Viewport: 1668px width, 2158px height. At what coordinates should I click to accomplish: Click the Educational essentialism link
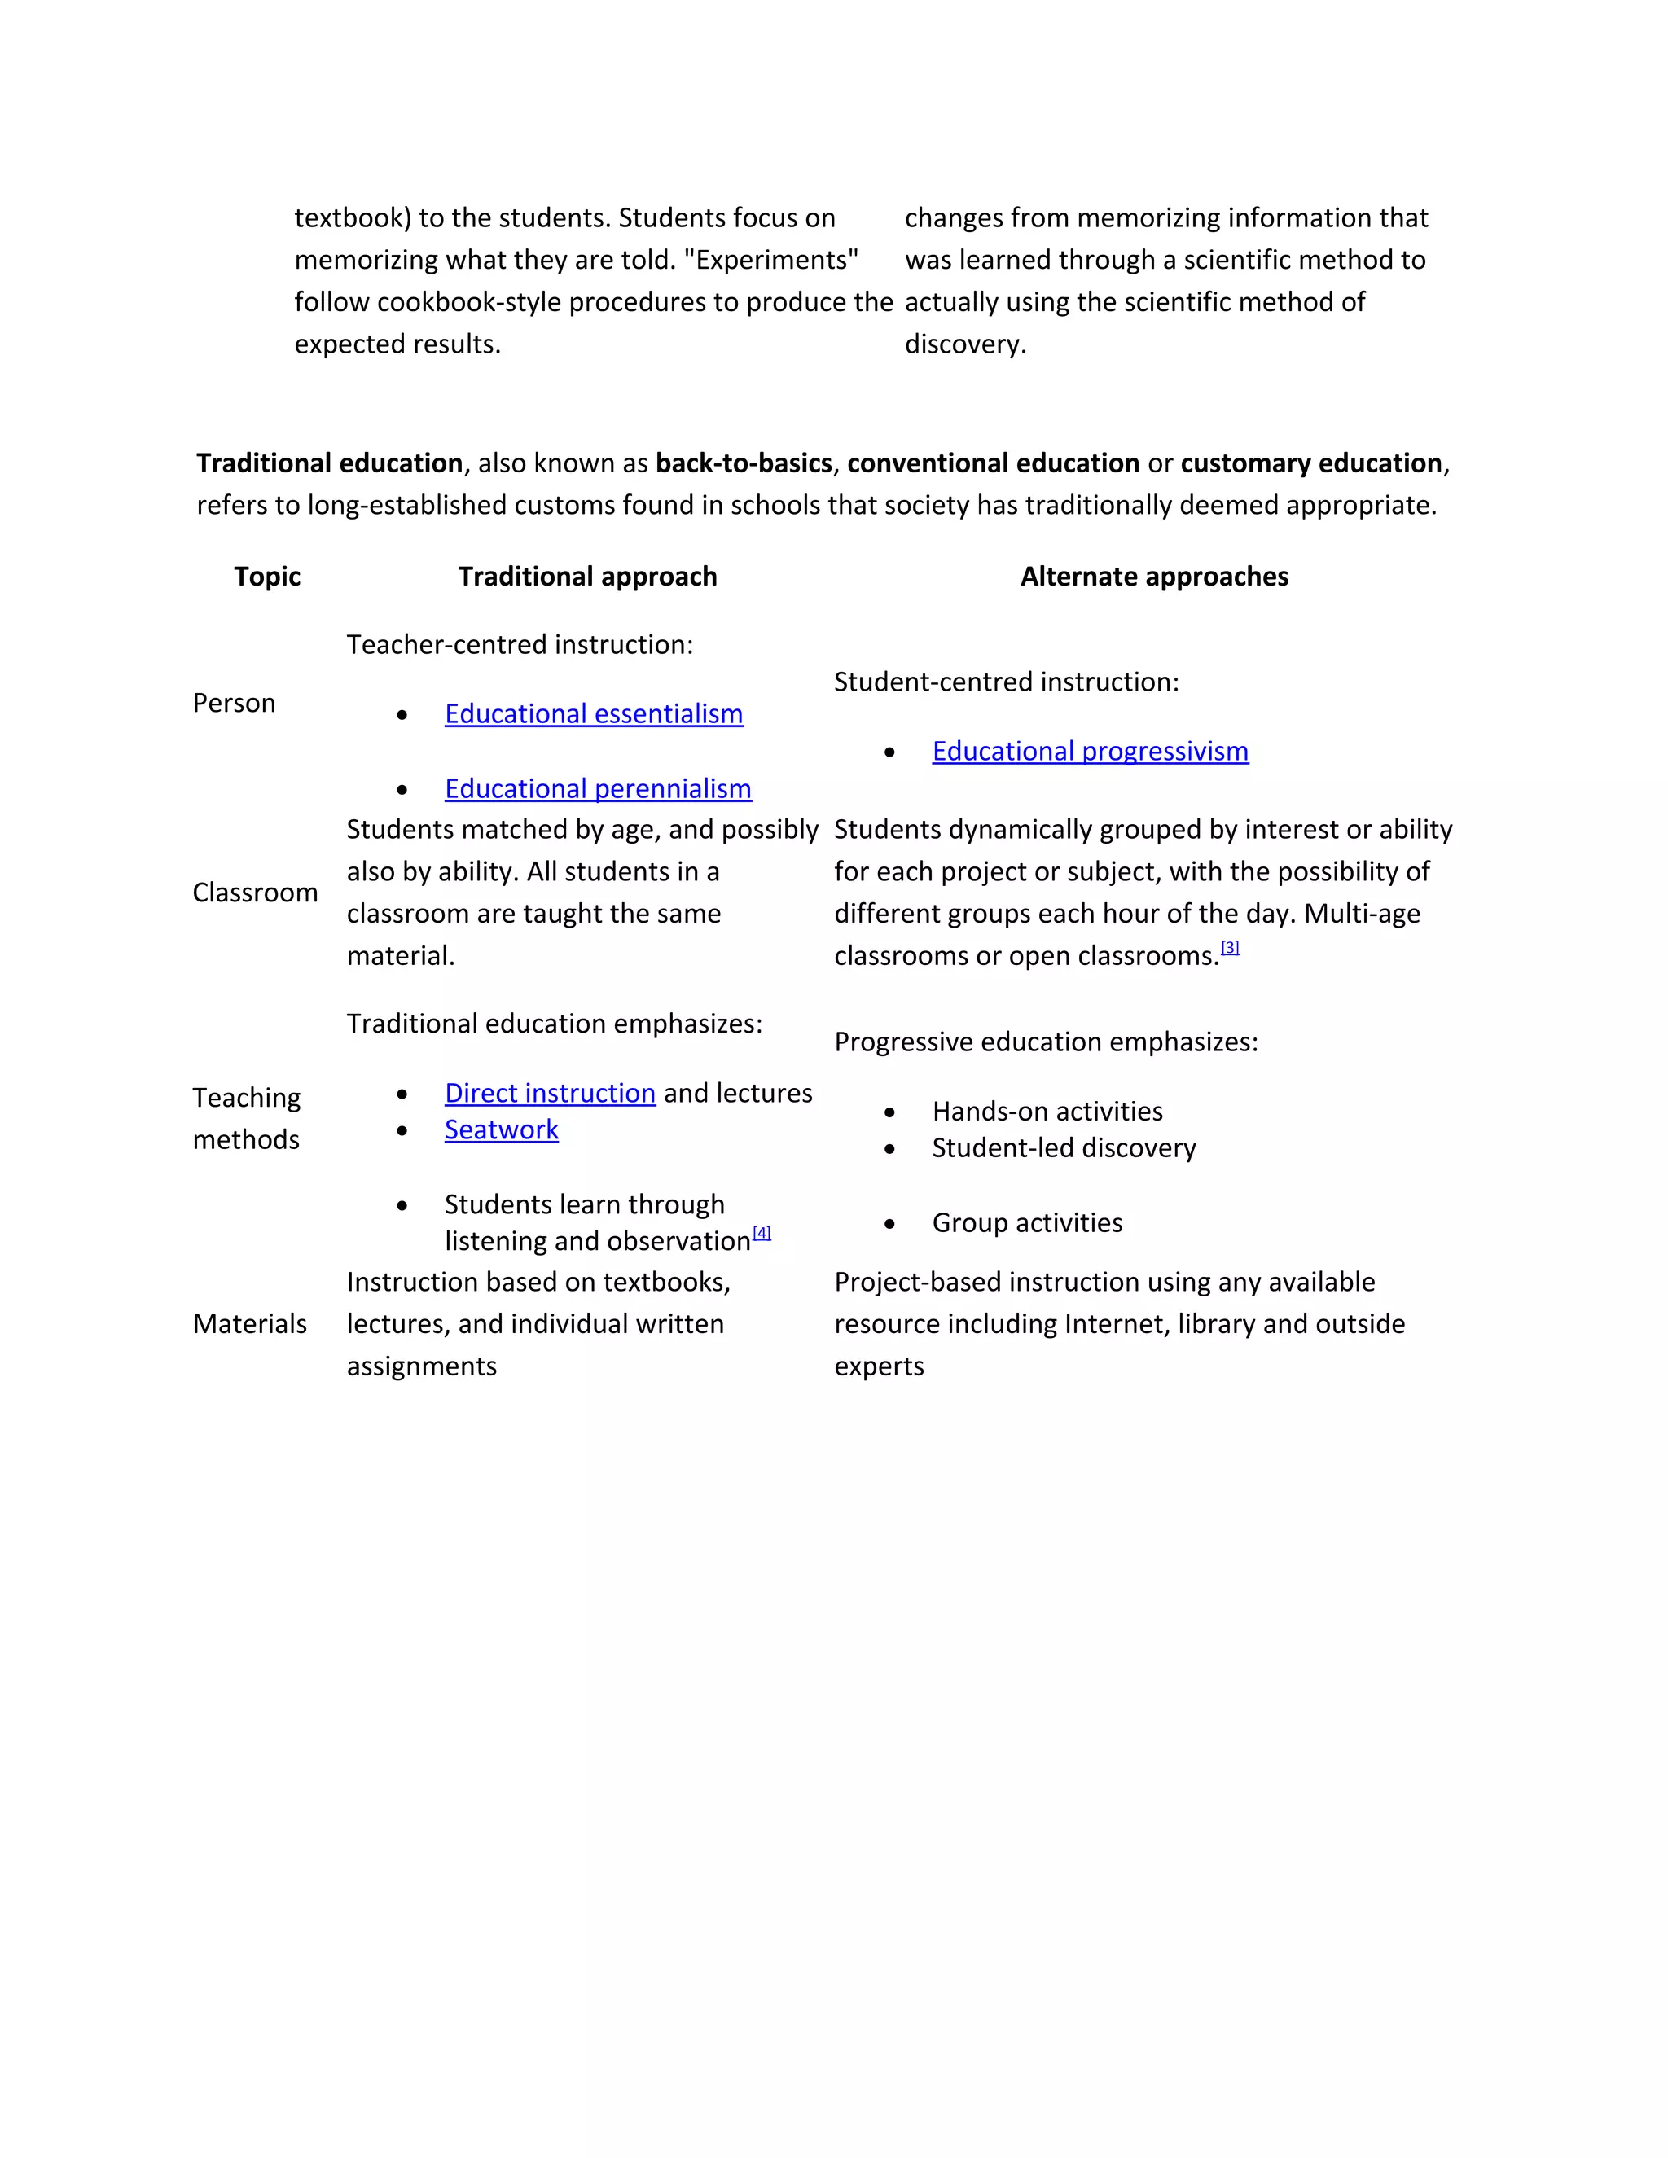tap(593, 713)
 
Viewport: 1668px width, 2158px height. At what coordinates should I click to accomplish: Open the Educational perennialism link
tap(597, 788)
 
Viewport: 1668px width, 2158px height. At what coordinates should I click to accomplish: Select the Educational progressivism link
tap(1089, 751)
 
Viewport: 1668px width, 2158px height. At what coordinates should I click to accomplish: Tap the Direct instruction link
tap(550, 1093)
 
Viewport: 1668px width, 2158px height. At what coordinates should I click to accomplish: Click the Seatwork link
tap(501, 1129)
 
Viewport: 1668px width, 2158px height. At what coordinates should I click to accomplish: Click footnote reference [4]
tap(761, 1232)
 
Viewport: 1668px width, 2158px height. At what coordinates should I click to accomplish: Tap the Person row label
tap(235, 703)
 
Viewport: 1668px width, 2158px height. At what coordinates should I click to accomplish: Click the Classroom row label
tap(255, 893)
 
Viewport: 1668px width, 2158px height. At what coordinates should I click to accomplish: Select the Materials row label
tap(250, 1324)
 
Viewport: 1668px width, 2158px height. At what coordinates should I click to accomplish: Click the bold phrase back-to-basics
tap(743, 463)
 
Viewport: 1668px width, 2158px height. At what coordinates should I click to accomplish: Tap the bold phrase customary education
tap(1310, 463)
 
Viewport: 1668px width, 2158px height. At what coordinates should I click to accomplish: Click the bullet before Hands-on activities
tap(889, 1112)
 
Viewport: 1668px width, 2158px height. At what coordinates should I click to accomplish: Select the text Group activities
tap(1027, 1223)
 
